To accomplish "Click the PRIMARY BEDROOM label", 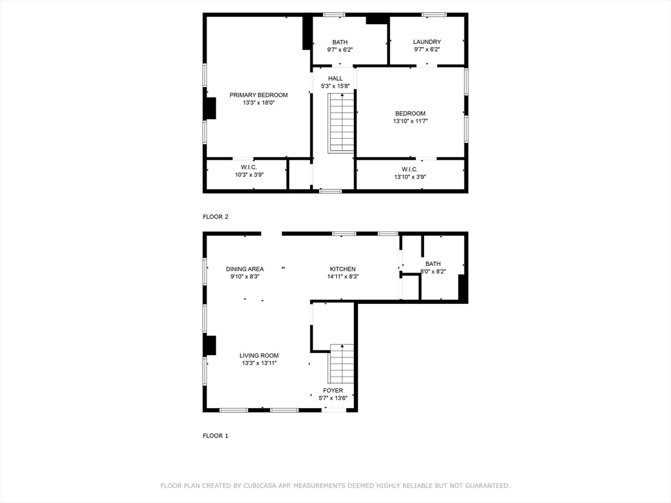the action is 258,95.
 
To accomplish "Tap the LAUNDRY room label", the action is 427,42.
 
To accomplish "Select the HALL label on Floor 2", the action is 335,79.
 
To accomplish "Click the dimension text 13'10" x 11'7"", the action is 410,121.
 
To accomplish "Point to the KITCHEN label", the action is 342,269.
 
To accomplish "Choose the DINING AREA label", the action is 245,269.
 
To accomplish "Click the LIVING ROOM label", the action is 259,356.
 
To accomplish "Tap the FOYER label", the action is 333,390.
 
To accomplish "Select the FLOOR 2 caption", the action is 216,217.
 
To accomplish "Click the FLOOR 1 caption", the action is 216,436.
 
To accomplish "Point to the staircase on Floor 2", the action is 341,123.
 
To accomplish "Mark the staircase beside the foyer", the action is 341,363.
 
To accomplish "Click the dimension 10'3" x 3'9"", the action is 249,174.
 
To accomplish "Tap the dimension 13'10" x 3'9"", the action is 410,177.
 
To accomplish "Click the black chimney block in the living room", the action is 210,345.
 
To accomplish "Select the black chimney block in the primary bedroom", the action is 210,108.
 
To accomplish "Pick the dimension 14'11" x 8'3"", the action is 343,277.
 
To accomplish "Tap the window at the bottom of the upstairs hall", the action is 331,191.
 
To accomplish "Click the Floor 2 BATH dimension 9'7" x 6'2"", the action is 340,50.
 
